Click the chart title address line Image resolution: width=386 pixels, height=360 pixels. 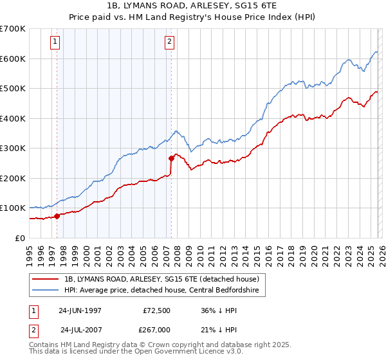(x=192, y=5)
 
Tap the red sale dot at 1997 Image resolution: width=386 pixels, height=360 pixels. (x=57, y=216)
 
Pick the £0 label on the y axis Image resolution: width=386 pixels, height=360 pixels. (x=19, y=238)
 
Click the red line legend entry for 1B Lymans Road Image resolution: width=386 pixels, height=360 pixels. (x=161, y=279)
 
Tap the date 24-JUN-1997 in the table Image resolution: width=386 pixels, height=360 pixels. (x=80, y=310)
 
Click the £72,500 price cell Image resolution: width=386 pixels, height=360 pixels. (x=154, y=310)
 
